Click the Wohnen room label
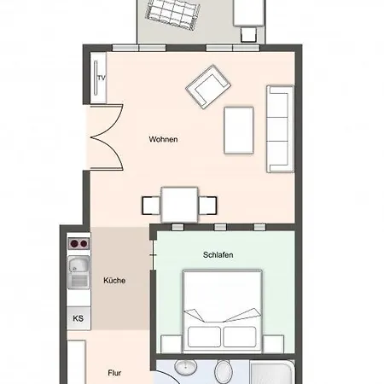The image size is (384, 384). coord(163,139)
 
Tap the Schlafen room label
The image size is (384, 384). coord(218,255)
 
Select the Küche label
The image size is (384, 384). coord(114,281)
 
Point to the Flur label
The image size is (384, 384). coord(114,373)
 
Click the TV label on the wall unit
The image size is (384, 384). coord(102,78)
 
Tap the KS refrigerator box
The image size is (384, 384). coord(79,318)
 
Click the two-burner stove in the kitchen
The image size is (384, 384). coord(79,244)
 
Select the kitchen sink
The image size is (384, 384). coord(79,272)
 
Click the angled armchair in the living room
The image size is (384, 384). coord(208,87)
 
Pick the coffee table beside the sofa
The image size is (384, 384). coord(239,131)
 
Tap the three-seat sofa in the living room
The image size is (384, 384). coord(280,129)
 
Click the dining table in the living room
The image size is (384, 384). coord(179,205)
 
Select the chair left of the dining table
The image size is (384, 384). coord(151,206)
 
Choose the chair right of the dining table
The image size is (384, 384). coord(207,206)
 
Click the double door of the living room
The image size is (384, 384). coord(107,137)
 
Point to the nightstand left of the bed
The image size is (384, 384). coord(172,344)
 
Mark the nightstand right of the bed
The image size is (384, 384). coord(273,344)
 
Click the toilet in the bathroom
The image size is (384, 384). coord(224,372)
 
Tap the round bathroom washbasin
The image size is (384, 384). coord(185,368)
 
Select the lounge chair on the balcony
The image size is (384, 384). coord(172,14)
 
